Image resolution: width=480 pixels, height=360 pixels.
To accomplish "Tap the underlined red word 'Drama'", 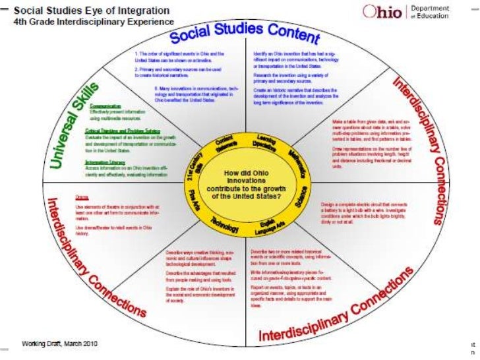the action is [82, 197].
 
